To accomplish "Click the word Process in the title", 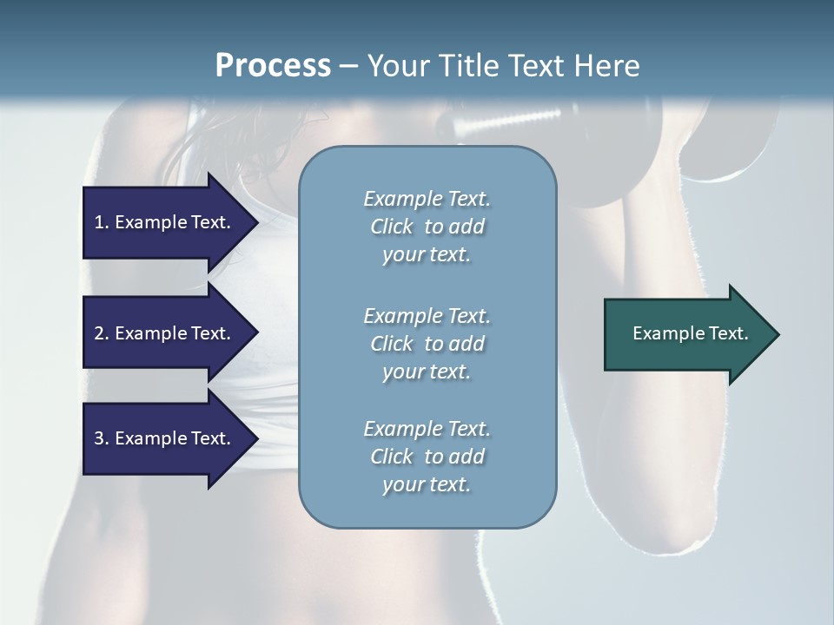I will coord(273,66).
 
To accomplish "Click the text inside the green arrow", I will coord(691,333).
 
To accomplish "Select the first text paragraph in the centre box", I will coord(427,227).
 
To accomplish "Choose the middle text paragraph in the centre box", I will coord(427,343).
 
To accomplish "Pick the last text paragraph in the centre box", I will coord(427,457).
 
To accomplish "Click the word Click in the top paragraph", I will coord(392,227).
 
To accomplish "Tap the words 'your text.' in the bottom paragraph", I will coord(427,484).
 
